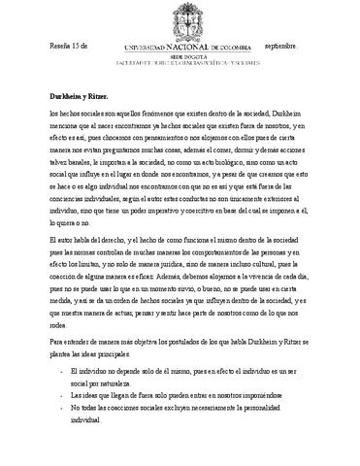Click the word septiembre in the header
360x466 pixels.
pyautogui.click(x=281, y=46)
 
